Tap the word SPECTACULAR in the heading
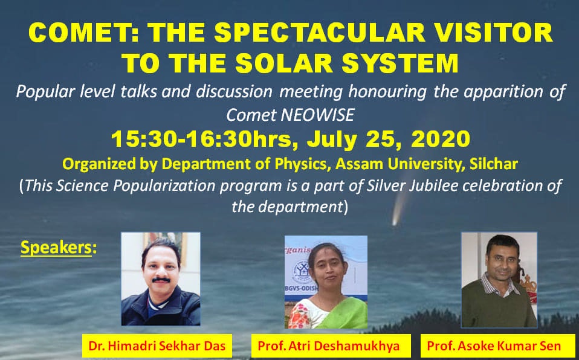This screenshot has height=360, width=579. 320,32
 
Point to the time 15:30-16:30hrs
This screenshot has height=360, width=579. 202,139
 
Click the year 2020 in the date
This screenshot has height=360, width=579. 441,139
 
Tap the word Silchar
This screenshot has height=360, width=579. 493,164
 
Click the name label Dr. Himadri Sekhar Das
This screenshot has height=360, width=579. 157,346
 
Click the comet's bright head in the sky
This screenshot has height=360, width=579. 395,221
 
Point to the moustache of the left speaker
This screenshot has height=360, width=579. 161,280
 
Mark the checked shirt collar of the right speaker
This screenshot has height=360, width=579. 496,284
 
